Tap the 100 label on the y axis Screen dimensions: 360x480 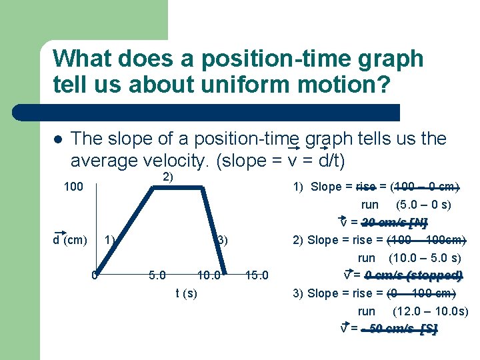point(73,187)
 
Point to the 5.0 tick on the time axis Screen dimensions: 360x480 point(157,275)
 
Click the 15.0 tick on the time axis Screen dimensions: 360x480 point(257,275)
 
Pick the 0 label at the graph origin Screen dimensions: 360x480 point(95,275)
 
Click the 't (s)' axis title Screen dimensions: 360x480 point(186,293)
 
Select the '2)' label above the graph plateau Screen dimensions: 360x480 point(168,177)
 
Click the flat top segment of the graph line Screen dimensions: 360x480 point(177,188)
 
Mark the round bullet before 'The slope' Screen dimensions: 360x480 point(58,139)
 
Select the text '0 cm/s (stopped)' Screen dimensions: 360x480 point(413,276)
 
